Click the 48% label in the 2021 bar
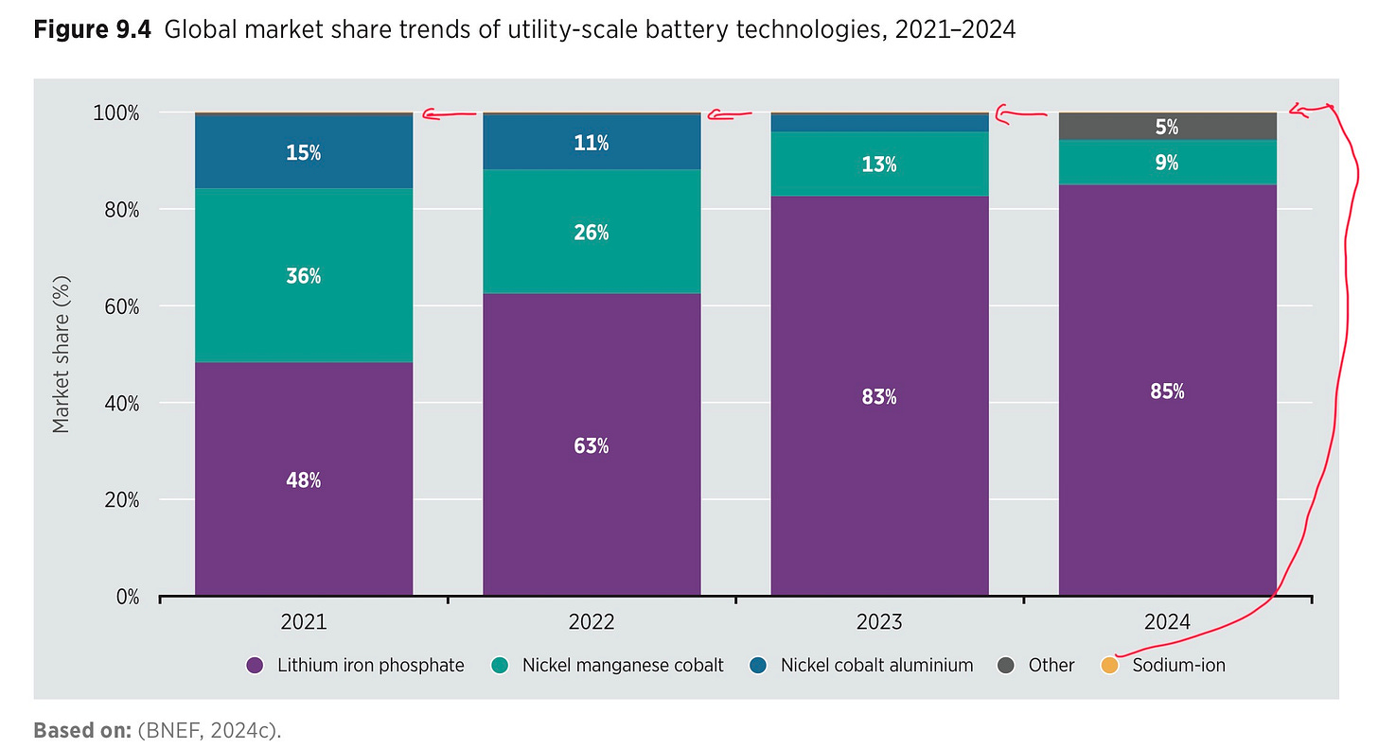[304, 480]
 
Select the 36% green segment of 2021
[304, 276]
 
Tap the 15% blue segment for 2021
[304, 152]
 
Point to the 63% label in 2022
[592, 445]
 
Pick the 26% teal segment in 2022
[592, 233]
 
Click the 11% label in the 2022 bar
[592, 144]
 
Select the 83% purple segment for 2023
[879, 397]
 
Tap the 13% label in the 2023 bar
[879, 165]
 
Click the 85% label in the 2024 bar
[1167, 391]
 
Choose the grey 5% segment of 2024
[1167, 127]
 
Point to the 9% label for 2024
[1167, 163]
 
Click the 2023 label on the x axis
[879, 622]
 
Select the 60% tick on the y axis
[120, 306]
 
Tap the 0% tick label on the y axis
[126, 597]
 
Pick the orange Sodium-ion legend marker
[1109, 665]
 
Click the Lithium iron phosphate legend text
[370, 665]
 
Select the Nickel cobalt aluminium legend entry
[876, 665]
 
